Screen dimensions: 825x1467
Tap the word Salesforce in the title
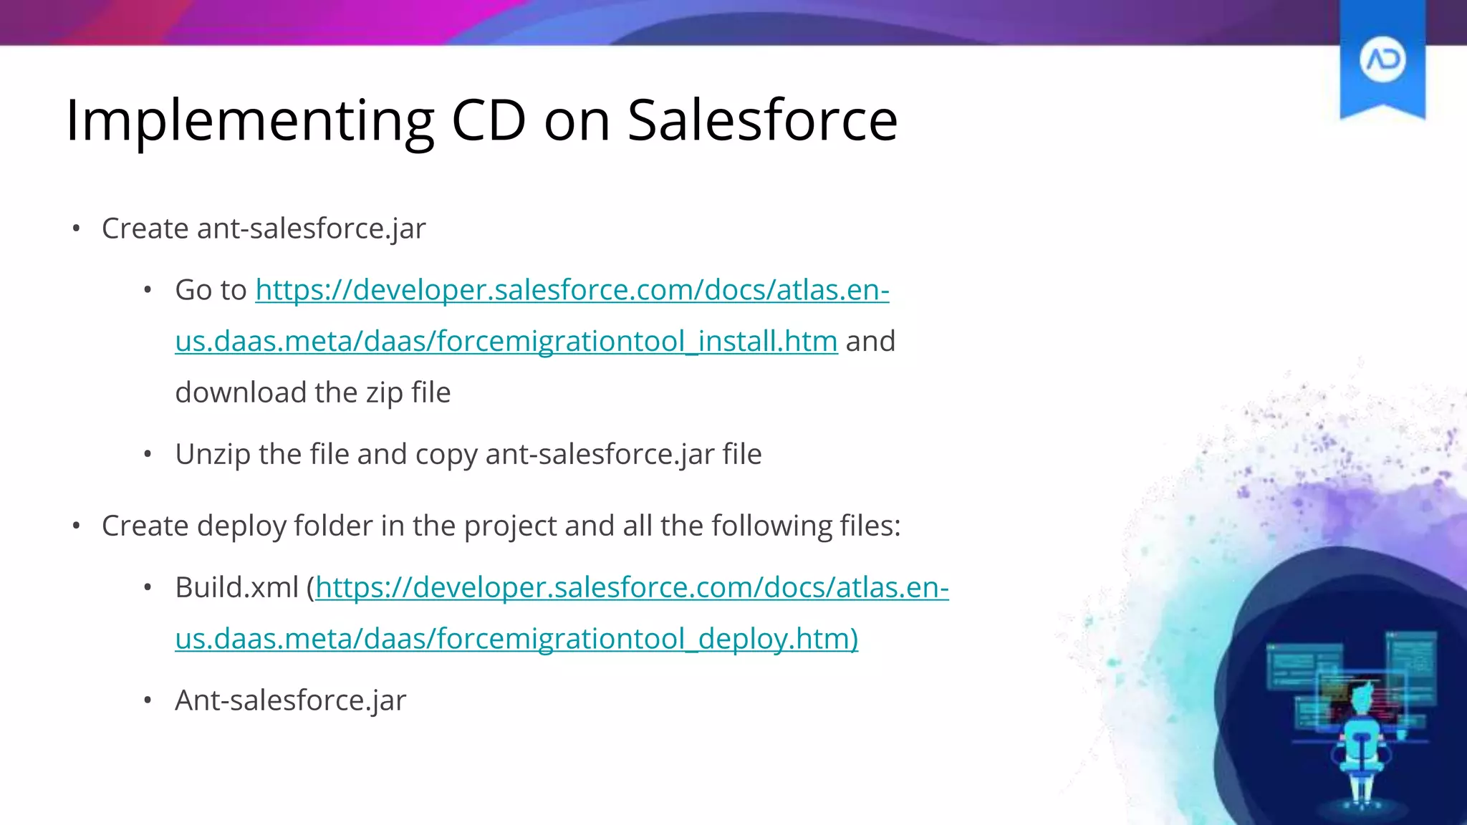762,120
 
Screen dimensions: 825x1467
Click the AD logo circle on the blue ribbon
1382,59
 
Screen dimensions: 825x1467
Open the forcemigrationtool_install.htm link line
506,341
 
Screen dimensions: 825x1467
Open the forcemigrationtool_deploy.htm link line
516,638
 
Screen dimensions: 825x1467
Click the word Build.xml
236,587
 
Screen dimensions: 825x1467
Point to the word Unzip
212,454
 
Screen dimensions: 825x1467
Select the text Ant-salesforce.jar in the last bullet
290,700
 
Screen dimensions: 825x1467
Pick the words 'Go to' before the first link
211,290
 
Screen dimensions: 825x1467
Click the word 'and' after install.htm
870,341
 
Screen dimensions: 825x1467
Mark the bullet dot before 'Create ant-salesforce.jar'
76,229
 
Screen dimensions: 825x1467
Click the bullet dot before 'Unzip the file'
148,455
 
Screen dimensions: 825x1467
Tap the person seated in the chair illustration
1361,738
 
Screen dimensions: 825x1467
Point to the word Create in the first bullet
145,228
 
